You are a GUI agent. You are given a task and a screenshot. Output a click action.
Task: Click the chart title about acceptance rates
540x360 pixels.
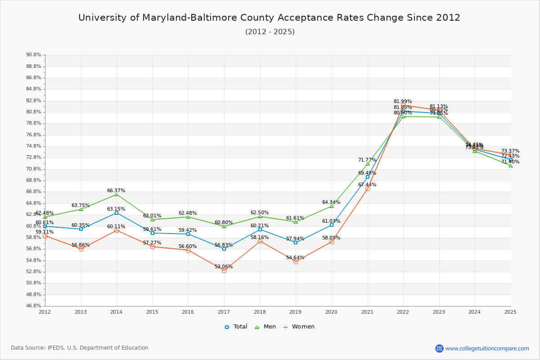269,18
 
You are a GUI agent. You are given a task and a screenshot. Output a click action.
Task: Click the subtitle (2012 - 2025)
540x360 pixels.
270,32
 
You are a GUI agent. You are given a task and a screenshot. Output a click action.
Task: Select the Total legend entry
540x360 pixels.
236,327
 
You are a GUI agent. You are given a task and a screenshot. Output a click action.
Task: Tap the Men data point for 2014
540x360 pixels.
117,194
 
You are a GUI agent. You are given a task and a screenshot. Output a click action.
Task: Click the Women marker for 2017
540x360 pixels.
224,270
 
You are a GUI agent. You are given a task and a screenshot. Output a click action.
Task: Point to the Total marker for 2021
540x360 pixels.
368,177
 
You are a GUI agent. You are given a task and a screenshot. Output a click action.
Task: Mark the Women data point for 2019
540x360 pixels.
296,261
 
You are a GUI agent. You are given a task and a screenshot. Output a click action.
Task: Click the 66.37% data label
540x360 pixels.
116,190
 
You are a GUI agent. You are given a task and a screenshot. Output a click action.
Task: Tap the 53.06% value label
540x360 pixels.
224,266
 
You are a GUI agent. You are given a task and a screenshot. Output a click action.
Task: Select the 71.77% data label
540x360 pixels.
367,160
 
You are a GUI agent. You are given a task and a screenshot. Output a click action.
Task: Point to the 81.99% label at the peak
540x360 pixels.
403,102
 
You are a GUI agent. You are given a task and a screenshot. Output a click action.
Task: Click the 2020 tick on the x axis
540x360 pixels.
331,311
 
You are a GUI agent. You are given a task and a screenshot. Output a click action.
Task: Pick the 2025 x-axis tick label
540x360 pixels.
510,311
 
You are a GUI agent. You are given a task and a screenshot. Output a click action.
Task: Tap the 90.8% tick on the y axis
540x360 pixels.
33,55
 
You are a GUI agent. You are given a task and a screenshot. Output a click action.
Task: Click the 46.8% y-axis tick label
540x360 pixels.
33,306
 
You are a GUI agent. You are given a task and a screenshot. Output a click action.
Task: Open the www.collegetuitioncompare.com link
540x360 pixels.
487,348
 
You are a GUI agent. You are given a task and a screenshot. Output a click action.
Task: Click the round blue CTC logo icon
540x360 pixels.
439,348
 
